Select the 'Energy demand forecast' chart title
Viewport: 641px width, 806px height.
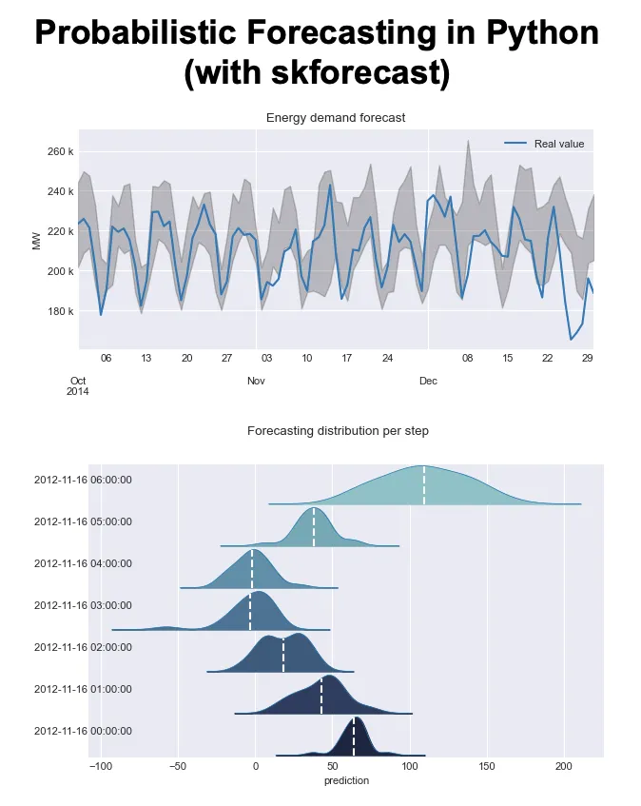pos(336,118)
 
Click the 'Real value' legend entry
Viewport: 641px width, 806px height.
pos(558,144)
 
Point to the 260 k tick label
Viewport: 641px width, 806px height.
pos(59,151)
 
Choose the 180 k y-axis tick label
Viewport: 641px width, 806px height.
pos(59,311)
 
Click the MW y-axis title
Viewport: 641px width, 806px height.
pos(37,241)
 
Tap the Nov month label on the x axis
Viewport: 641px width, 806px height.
pos(256,381)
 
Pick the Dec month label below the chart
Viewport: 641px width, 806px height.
pos(428,381)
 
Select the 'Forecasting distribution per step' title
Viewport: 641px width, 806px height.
pos(338,431)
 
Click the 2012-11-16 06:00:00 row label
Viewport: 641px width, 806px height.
pos(83,480)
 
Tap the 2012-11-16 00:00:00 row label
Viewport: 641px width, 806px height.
pos(83,731)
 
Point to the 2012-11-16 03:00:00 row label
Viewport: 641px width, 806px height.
pos(83,605)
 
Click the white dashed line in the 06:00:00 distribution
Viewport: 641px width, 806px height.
pos(424,485)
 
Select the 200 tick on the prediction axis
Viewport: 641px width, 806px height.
pos(564,766)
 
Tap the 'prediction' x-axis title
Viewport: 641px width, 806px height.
pos(345,780)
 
